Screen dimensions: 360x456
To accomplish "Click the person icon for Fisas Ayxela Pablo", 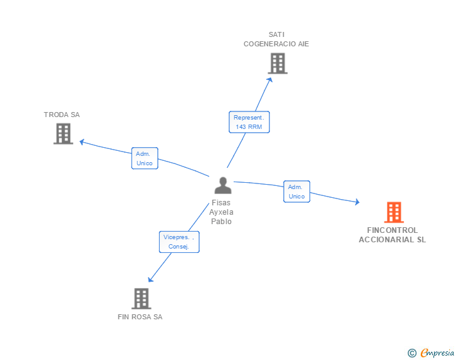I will pos(222,185).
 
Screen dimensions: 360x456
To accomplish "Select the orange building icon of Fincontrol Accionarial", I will pos(393,213).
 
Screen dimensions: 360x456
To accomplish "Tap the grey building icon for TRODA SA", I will pos(63,134).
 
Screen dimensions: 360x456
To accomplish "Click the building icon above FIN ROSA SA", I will pos(142,299).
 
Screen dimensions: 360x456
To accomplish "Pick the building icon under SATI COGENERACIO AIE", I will pos(277,63).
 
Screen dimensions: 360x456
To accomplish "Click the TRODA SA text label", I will pos(62,115).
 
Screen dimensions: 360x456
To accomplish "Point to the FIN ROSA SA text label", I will pos(140,317).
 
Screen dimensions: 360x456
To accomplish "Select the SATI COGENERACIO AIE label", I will pos(276,39).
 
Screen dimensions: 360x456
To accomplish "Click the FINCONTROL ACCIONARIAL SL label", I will pos(392,235).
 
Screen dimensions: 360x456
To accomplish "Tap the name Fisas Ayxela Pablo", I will pos(222,212).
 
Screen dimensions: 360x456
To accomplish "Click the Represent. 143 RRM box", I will pos(249,122).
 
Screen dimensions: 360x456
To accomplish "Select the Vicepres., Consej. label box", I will pos(179,242).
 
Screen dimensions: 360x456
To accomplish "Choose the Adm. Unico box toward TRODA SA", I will pos(144,158).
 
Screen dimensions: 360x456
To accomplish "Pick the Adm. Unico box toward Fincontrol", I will pos(296,192).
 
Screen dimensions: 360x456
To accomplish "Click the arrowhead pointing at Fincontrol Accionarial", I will pos(357,202).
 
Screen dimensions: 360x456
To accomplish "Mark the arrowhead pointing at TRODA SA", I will pos(81,141).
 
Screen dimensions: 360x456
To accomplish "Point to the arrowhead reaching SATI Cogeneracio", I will pos(270,79).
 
